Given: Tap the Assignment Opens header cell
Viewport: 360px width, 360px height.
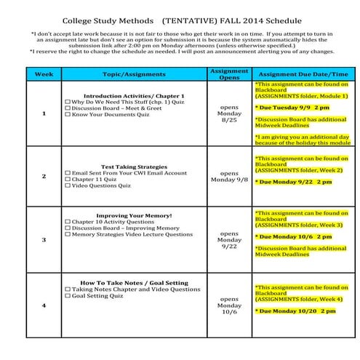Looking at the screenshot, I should (x=228, y=74).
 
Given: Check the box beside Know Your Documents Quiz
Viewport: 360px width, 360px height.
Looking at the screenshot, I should (x=68, y=115).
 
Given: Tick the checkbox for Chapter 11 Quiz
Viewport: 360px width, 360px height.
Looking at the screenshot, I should (x=68, y=179).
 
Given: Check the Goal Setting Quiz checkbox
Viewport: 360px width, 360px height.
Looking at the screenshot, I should (x=68, y=296).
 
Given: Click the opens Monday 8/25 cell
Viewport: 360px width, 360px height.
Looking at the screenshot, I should (x=228, y=113).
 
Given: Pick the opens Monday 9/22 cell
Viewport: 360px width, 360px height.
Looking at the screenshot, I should (x=228, y=239).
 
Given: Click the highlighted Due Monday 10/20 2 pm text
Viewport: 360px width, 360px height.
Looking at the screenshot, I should (x=295, y=311).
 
